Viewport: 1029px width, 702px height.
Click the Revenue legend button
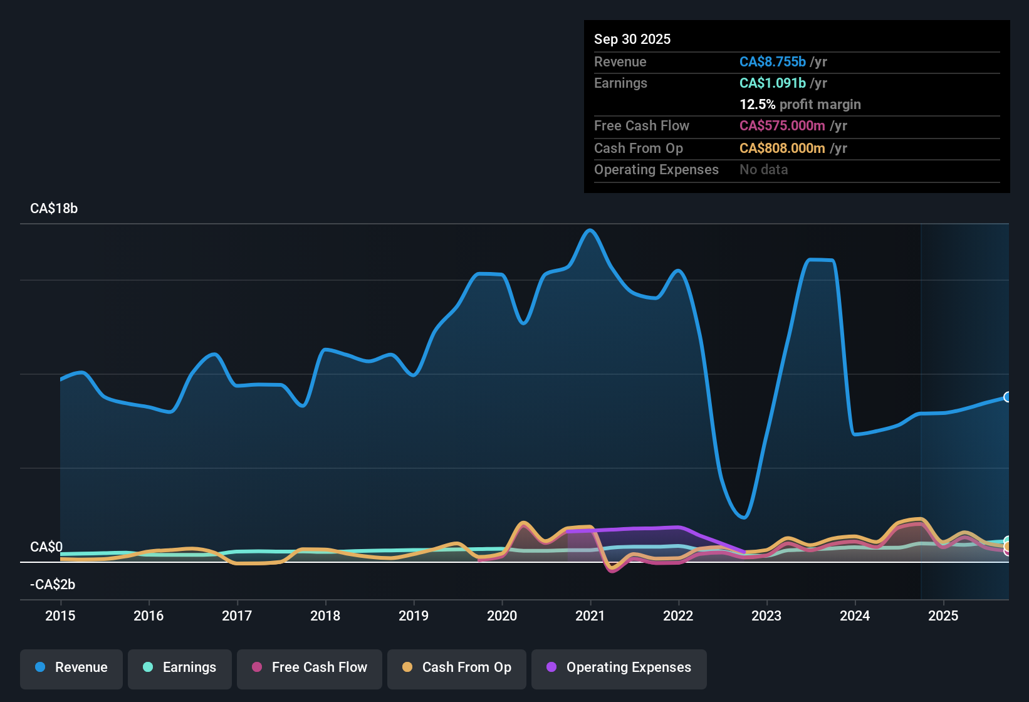[71, 668]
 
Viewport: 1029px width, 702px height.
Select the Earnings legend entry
[180, 668]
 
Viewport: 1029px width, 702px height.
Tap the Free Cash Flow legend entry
[310, 668]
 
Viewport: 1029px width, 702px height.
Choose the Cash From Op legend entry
[457, 668]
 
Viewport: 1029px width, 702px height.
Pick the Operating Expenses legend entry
[619, 668]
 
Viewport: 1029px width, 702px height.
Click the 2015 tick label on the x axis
[60, 616]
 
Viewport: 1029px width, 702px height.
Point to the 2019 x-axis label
[414, 616]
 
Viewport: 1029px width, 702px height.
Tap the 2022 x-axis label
[678, 616]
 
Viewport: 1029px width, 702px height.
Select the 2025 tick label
[943, 616]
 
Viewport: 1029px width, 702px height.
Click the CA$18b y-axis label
[54, 209]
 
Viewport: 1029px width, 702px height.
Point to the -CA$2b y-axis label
[53, 585]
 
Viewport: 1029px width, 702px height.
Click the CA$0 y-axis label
[46, 547]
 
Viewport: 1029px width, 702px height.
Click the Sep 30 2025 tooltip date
[632, 39]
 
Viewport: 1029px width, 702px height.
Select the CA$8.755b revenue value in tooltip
[773, 61]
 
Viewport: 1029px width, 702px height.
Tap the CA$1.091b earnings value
[773, 83]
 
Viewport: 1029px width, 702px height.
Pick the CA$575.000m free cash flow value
[782, 125]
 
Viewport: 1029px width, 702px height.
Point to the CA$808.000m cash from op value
[782, 148]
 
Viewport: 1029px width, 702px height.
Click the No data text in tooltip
[764, 169]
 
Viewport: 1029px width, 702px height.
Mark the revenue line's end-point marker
[1007, 397]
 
